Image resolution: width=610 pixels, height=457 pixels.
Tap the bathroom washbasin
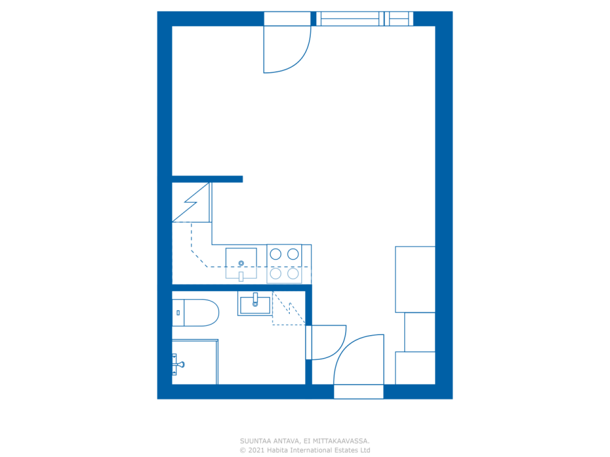[255, 304]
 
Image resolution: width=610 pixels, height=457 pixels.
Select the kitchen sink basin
[241, 260]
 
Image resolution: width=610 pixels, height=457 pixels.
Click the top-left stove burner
[275, 254]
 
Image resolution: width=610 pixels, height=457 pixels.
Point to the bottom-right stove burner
[293, 273]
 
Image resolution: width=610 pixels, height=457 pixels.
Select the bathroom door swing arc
[327, 343]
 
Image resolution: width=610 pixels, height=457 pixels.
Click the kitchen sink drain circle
[241, 263]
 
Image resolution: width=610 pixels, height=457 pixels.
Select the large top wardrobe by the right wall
[415, 279]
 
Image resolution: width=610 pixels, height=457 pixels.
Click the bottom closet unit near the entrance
[415, 368]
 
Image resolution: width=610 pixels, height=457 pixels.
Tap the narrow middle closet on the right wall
[420, 332]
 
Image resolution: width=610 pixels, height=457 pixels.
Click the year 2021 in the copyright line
[256, 450]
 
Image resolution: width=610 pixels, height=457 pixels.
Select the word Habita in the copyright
[278, 450]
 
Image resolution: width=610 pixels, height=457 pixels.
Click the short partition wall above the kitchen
[207, 179]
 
